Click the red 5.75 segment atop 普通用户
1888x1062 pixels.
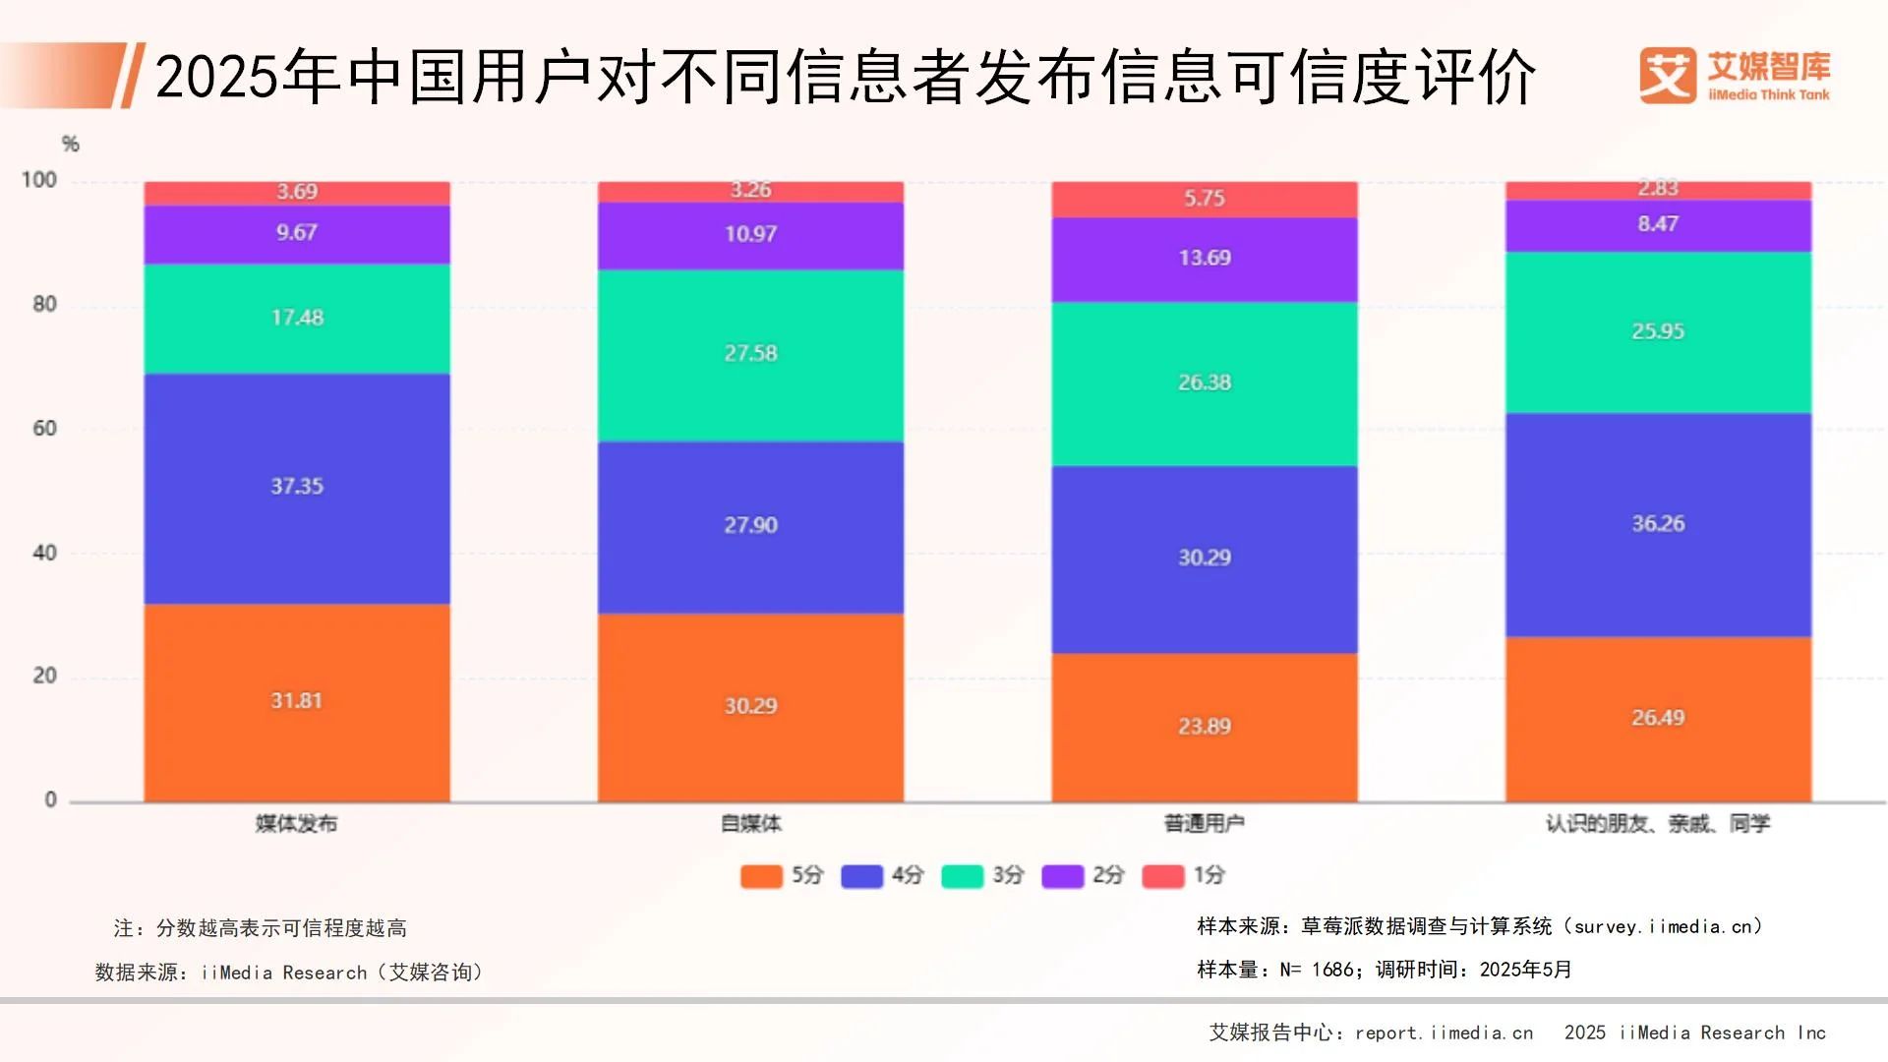coord(1204,199)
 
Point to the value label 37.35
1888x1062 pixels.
coord(296,486)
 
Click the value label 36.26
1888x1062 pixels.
coord(1658,523)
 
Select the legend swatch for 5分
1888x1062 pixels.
coord(761,875)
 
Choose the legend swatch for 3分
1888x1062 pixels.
coord(962,875)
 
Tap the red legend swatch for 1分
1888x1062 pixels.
coord(1162,875)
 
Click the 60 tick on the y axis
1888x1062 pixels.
coord(44,428)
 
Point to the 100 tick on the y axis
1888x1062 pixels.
coord(39,180)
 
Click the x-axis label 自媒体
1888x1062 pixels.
coord(750,824)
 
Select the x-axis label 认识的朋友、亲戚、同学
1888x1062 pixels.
coord(1658,824)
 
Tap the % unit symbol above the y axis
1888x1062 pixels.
coord(70,145)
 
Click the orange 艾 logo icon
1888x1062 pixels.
coord(1667,75)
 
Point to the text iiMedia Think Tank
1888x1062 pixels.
coord(1769,95)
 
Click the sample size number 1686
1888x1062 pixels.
coord(1332,970)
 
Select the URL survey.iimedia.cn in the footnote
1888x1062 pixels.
coord(1662,926)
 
